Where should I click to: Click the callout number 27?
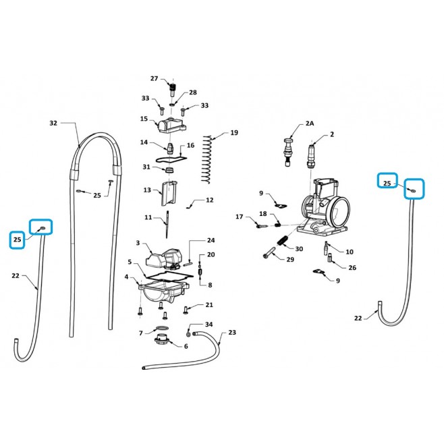tap(154, 78)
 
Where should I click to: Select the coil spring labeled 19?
tap(208, 160)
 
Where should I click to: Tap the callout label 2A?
tap(310, 123)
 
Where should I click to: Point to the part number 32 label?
tap(53, 123)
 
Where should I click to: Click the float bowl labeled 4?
tap(163, 292)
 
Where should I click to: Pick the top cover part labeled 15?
tap(172, 126)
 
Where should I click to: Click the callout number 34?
tap(209, 324)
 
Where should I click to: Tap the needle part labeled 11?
tap(167, 225)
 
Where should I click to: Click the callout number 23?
tap(232, 332)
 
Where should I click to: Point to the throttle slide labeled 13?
tap(169, 194)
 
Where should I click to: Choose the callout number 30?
tap(299, 248)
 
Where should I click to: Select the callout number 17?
tap(240, 217)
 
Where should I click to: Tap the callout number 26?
tap(352, 268)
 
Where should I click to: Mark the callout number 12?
tap(210, 200)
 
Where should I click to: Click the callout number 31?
tap(146, 167)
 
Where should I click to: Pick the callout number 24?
tap(211, 240)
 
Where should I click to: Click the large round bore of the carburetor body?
tap(340, 211)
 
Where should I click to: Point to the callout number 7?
tap(141, 333)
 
